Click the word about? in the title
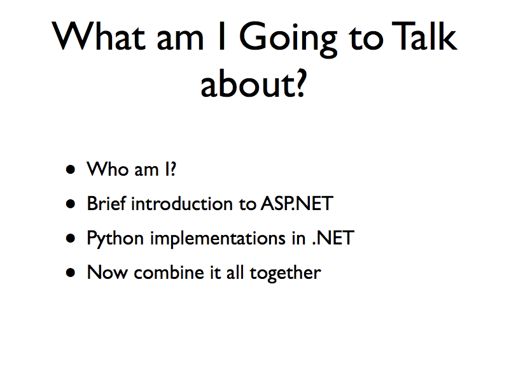[x=254, y=83]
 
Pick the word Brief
[x=106, y=204]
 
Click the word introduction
[x=185, y=204]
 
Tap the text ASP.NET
[x=296, y=204]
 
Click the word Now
[x=106, y=272]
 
